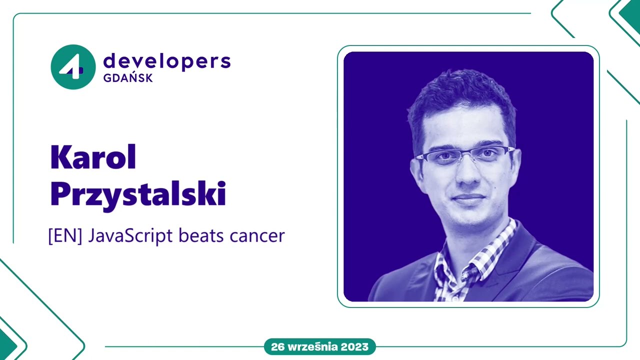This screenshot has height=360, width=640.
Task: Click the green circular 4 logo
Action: click(73, 67)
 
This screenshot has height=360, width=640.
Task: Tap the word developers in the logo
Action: click(166, 61)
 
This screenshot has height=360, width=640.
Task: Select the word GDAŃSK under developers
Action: click(127, 78)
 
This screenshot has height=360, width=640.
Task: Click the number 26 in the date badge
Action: click(278, 346)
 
